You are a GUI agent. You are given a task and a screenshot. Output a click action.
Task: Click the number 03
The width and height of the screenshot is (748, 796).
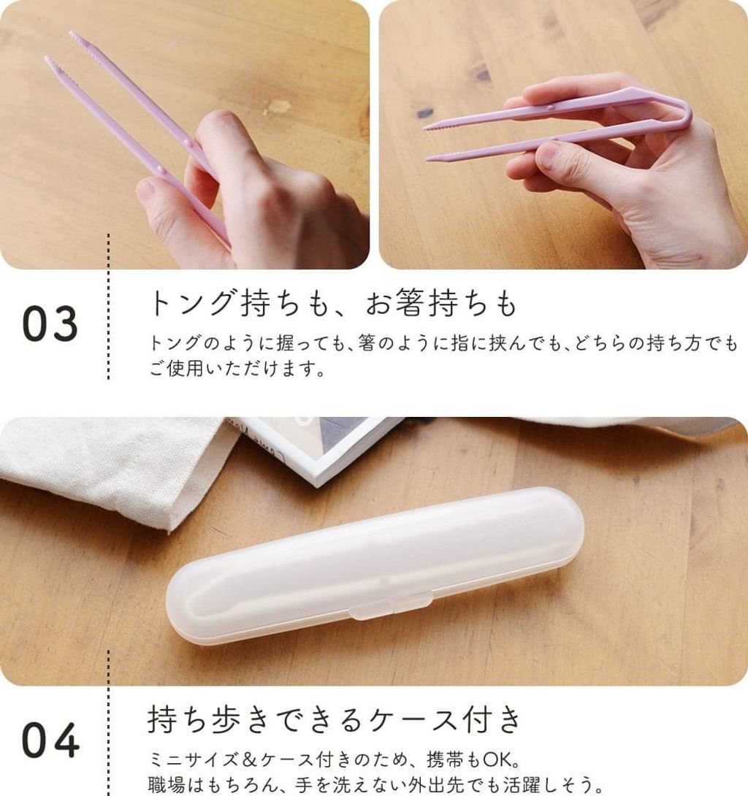point(50,323)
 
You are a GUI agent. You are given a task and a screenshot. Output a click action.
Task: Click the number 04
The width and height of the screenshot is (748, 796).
point(50,740)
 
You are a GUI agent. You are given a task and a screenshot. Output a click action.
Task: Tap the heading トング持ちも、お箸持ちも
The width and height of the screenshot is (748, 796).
point(333,302)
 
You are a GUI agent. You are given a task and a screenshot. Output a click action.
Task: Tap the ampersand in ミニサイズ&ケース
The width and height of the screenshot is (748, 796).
point(249,760)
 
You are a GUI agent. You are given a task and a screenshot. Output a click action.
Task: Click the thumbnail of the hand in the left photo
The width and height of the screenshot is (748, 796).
point(146,188)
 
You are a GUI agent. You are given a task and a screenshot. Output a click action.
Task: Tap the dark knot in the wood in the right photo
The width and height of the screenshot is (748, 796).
point(481,75)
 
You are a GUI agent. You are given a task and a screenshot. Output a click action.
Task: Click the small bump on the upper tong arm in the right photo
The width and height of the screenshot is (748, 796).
point(551,107)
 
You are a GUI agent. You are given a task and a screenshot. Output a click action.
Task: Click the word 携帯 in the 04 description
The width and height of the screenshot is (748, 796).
point(446,760)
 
